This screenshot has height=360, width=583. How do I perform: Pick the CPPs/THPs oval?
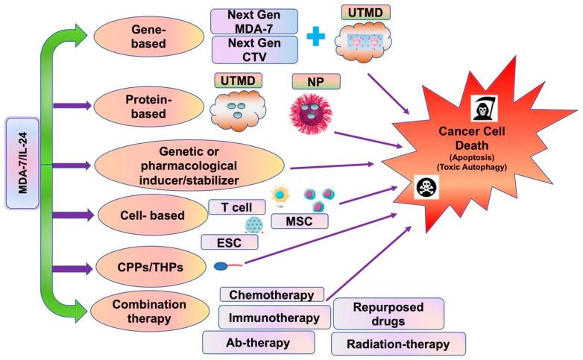(141, 265)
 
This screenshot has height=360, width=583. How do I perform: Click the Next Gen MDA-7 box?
(255, 22)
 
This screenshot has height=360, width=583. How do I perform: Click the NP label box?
(317, 80)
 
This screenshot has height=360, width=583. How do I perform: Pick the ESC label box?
(230, 242)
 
